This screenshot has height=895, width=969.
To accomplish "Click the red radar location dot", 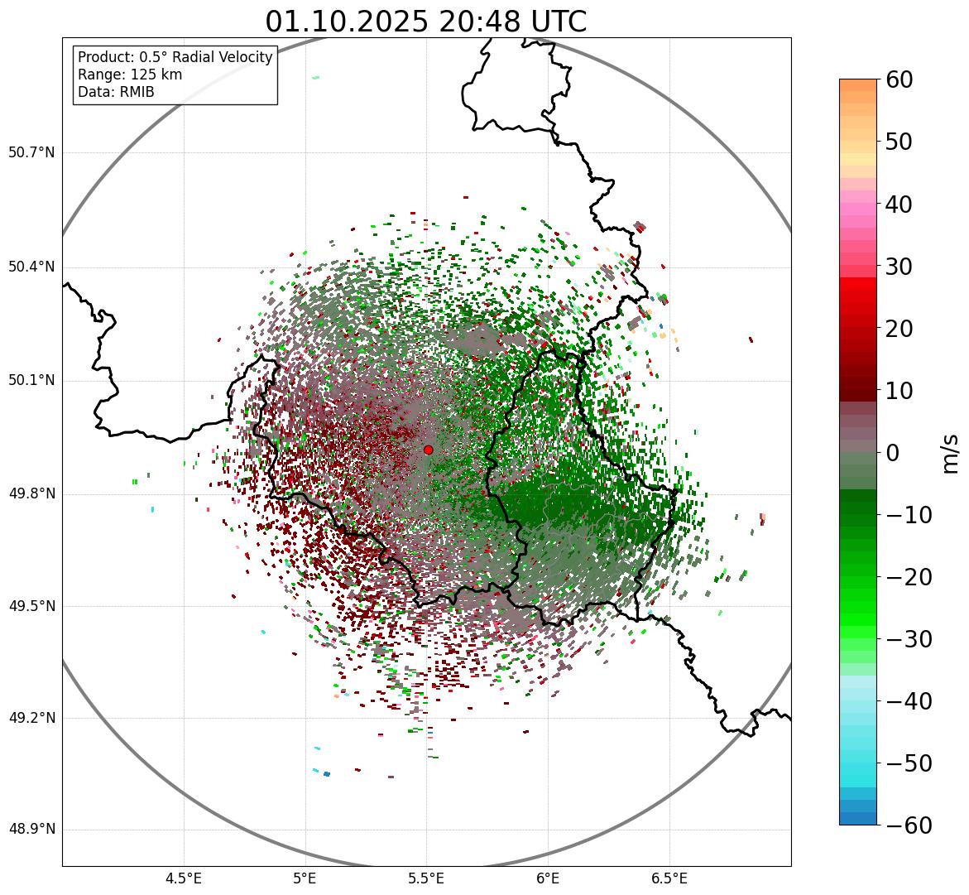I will pos(428,450).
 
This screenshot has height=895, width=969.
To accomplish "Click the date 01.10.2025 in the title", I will pos(345,22).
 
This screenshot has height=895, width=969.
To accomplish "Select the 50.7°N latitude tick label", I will pos(31,152).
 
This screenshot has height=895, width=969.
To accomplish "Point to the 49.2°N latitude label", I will pos(31,718).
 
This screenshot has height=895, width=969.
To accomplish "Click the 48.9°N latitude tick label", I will pos(31,830).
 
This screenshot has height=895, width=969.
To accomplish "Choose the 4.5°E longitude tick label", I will pos(184,878).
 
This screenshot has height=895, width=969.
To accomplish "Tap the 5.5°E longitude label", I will pos(426,878).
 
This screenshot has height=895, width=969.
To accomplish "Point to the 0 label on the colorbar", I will pos(893,453).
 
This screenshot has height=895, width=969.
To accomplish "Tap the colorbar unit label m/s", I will pos(951,453).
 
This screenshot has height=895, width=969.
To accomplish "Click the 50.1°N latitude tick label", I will pos(31,381).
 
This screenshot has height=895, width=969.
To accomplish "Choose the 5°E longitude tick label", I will pos(305,878).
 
